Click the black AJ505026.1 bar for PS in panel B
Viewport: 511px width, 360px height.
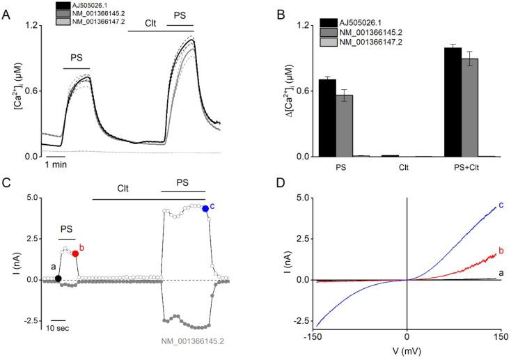(x=327, y=118)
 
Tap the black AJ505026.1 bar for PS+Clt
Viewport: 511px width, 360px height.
(x=453, y=102)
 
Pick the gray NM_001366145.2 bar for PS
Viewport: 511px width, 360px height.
(x=345, y=125)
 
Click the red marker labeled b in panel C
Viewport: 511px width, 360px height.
(x=75, y=253)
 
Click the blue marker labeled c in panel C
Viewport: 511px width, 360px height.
(x=205, y=208)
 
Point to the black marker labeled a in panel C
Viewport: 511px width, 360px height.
(x=58, y=279)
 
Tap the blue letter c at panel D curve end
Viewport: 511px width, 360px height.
(x=501, y=205)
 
